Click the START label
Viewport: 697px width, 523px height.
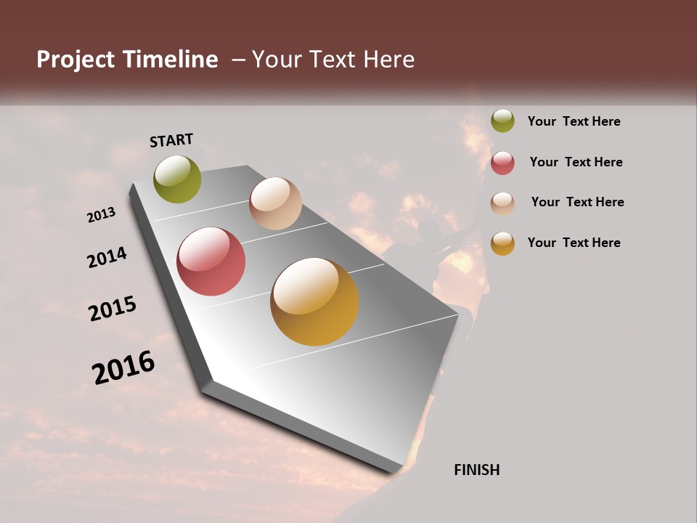coord(171,140)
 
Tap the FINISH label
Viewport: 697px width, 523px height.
coord(476,470)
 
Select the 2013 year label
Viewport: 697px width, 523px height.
coord(102,214)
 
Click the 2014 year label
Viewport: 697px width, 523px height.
coord(107,257)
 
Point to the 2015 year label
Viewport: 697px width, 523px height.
coord(113,309)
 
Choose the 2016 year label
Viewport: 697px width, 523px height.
coord(123,368)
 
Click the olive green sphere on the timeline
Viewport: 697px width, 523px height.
coord(177,179)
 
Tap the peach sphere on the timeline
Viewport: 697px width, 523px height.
coord(275,203)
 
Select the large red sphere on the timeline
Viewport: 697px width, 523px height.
coord(211,261)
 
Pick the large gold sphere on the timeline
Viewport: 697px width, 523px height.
coord(314,301)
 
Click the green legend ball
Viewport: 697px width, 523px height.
coord(502,121)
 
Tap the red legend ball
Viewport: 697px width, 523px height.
coord(502,163)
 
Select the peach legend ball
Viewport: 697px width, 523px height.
coord(502,203)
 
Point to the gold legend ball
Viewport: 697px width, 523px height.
coord(502,243)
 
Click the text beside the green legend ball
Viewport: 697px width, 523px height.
coord(574,121)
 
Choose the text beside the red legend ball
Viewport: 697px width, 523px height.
coord(576,162)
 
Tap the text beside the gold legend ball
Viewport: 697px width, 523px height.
coord(574,243)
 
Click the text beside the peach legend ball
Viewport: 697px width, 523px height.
coord(577,202)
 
